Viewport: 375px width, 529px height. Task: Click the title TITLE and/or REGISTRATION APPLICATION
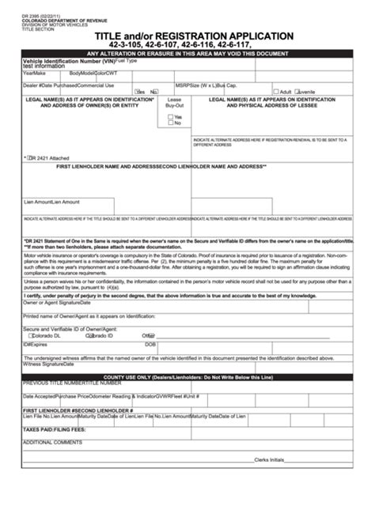[195, 36]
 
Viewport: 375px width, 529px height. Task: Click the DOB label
[150, 345]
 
